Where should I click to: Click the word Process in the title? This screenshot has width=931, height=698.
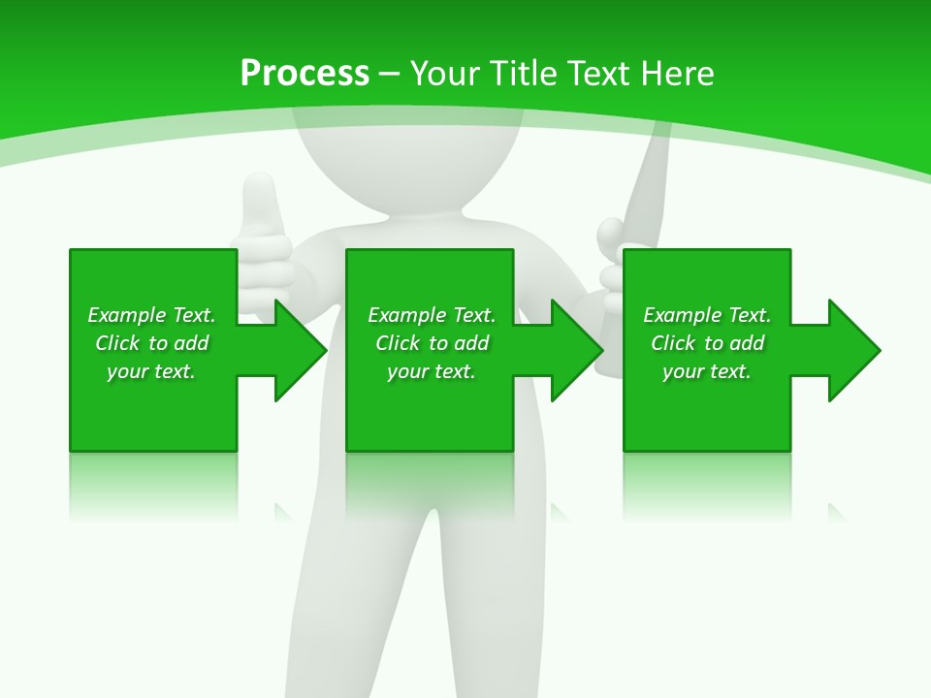(305, 74)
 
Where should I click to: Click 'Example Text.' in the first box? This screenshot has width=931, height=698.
(151, 315)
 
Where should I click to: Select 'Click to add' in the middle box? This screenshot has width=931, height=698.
(432, 343)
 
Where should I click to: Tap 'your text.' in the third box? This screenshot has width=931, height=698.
(706, 371)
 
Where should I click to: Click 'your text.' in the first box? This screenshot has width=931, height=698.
(151, 371)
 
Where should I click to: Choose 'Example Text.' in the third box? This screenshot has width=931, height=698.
(706, 315)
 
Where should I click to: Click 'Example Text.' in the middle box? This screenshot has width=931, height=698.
(432, 315)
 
